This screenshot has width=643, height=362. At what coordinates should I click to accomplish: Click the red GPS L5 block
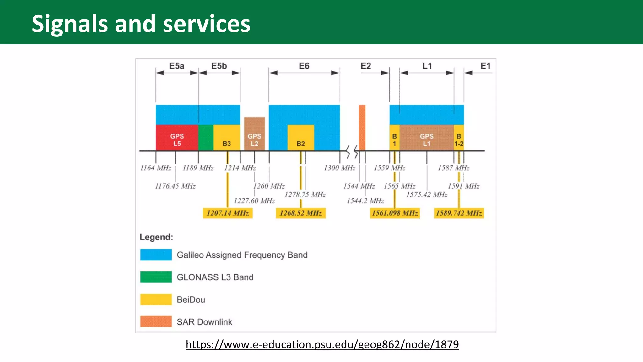pos(177,138)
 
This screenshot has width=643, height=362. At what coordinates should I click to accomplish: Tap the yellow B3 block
pos(227,138)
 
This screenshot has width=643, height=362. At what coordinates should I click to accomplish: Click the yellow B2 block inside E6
pos(301,138)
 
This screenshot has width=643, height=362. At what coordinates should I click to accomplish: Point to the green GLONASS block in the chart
pos(206,138)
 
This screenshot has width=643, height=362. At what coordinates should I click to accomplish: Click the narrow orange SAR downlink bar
pos(362,127)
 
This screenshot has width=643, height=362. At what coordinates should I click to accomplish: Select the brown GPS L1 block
pos(426,138)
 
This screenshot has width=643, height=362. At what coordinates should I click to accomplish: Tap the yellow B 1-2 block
pos(459,138)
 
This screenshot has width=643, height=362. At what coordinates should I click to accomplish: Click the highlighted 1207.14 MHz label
pos(228,213)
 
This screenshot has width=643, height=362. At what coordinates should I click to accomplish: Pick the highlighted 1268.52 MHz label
pos(301,213)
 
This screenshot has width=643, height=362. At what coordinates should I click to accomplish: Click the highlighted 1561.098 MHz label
pos(395,213)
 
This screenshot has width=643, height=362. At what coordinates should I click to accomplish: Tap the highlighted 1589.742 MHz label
pos(459,213)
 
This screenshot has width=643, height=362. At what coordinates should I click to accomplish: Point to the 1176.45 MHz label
pos(175,186)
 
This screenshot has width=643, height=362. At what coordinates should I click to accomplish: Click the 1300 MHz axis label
pos(339,168)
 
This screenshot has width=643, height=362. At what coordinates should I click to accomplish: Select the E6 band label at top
pos(304,66)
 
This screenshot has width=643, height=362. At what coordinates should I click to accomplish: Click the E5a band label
pos(176,66)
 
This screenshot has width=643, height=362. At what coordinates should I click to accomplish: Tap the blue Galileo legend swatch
pos(156,255)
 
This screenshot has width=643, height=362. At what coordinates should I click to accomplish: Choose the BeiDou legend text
pos(191,299)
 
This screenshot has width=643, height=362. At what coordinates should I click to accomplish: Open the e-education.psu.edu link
pos(322,344)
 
